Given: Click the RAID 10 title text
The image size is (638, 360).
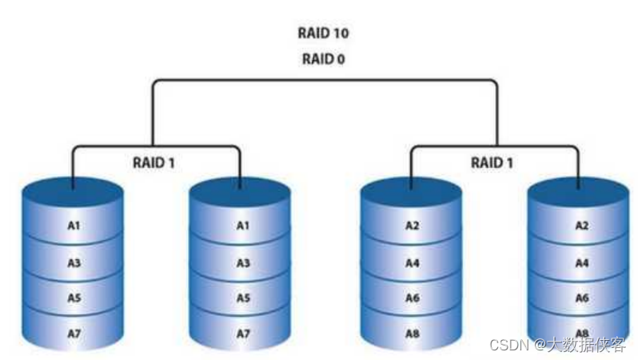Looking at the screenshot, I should [x=324, y=34].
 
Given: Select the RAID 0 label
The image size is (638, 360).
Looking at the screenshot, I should [x=324, y=58].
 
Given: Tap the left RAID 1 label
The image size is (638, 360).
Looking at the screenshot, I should [x=154, y=162].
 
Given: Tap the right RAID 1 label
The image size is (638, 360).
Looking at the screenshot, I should [x=492, y=162].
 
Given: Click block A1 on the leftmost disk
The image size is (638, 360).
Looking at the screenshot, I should [x=74, y=226].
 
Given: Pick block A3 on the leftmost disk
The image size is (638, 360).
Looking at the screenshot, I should [x=74, y=261].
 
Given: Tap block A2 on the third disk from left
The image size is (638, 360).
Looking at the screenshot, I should [x=412, y=226].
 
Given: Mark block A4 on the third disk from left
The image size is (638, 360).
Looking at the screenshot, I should [x=412, y=261].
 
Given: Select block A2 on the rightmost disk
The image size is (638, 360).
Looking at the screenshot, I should [x=581, y=226].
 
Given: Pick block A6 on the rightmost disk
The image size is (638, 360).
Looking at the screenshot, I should [x=581, y=297].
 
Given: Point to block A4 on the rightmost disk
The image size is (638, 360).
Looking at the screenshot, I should [x=581, y=261].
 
